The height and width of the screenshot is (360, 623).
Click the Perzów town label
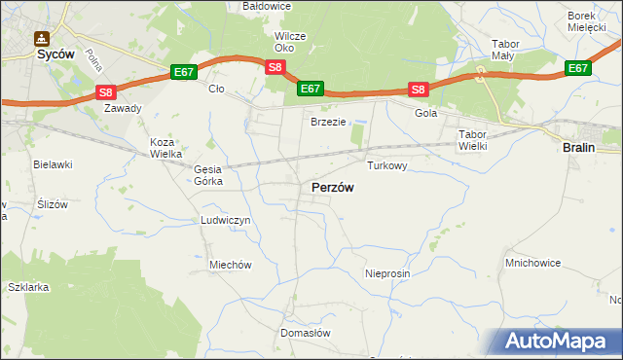click(332, 187)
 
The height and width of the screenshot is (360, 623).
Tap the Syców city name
click(43, 54)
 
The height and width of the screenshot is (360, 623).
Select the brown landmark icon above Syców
click(41, 39)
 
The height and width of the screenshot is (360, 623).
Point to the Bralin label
click(580, 147)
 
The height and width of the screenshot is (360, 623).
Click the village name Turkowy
click(386, 166)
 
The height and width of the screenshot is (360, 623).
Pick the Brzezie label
click(328, 122)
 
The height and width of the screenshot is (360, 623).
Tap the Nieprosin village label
click(387, 273)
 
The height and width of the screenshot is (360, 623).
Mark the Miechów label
click(231, 265)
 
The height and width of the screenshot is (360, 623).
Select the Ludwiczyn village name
click(226, 221)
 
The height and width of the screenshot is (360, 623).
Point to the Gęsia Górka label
click(209, 175)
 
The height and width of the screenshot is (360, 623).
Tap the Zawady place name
click(124, 109)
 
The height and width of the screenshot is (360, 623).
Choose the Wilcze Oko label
click(290, 42)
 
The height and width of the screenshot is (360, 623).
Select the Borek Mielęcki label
click(594, 22)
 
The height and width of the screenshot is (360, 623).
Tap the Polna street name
click(94, 61)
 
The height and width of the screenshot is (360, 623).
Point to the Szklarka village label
click(27, 288)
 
